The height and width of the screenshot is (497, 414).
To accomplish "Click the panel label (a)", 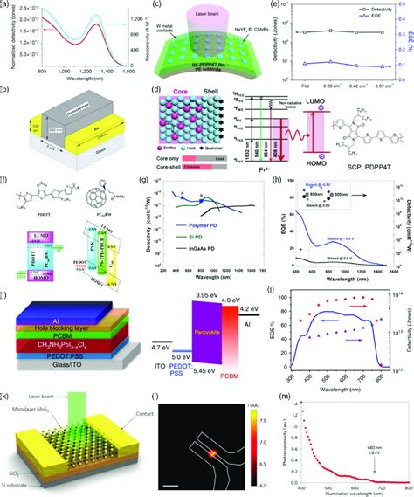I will pyautogui.click(x=8, y=7).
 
